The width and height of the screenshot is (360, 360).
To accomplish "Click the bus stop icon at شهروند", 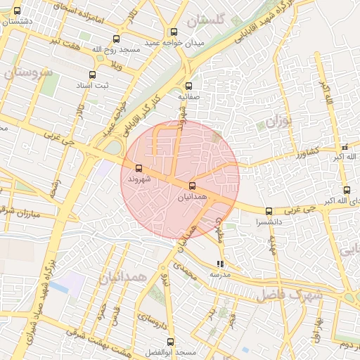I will pyautogui.click(x=138, y=169).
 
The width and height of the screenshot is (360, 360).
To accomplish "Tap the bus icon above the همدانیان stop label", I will pyautogui.click(x=192, y=186).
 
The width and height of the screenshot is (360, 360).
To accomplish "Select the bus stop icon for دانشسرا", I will pyautogui.click(x=269, y=211).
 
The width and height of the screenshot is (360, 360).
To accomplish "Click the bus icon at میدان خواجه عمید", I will pyautogui.click(x=174, y=32).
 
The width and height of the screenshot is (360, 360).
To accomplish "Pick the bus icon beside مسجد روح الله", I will pyautogui.click(x=116, y=39).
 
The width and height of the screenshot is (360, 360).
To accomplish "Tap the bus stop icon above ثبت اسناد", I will pyautogui.click(x=92, y=75).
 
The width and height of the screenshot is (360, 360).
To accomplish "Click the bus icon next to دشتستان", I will pyautogui.click(x=17, y=11).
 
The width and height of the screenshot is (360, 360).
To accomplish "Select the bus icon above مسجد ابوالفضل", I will pyautogui.click(x=169, y=342).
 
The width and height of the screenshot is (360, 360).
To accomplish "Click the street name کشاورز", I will pyautogui.click(x=307, y=152).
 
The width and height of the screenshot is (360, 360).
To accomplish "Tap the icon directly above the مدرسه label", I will pyautogui.click(x=220, y=264).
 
